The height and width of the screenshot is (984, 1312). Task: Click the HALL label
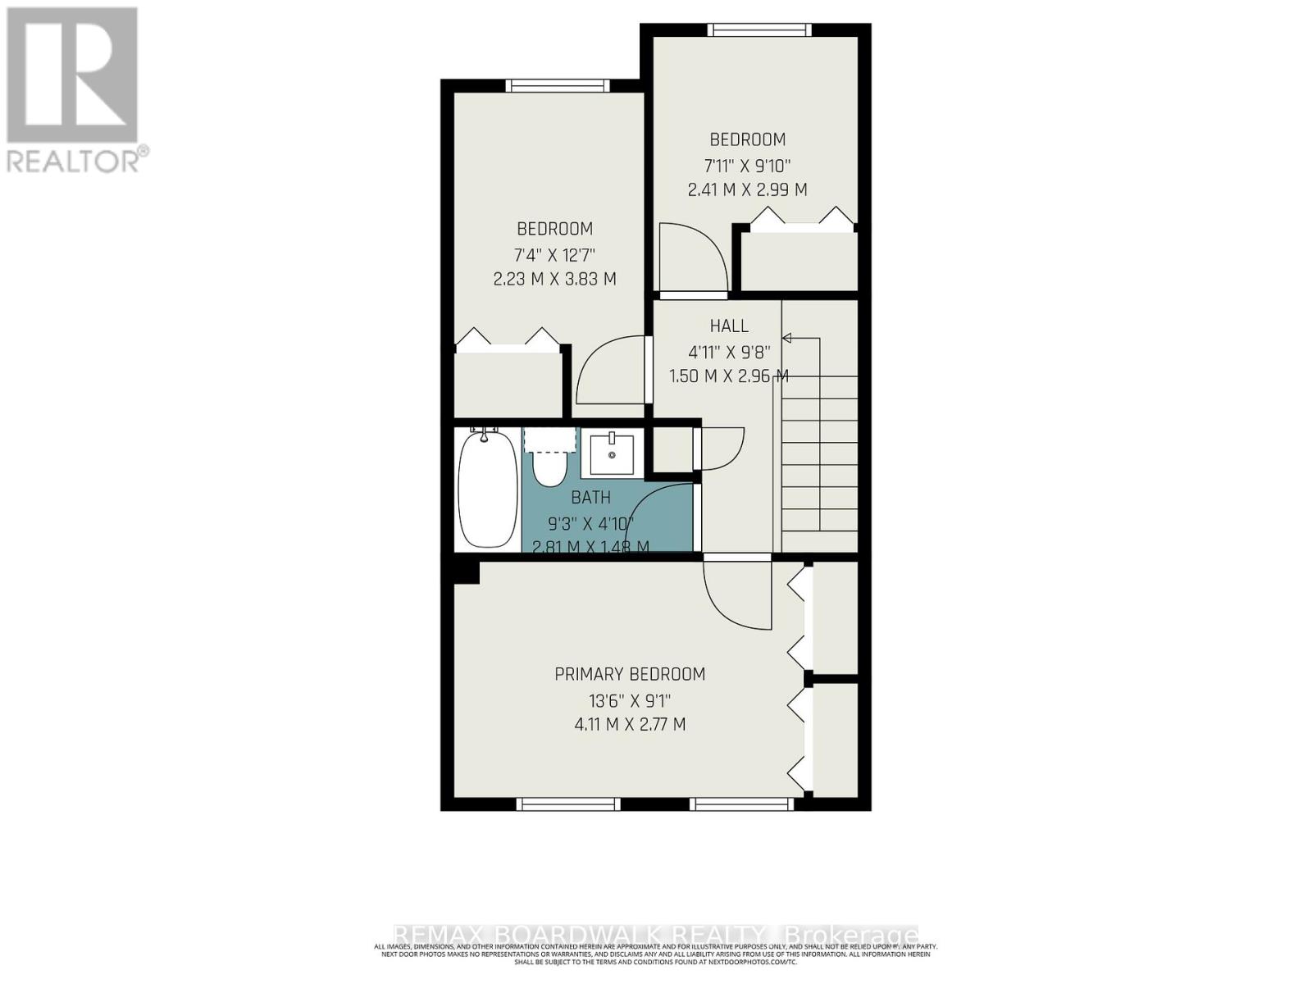pyautogui.click(x=729, y=326)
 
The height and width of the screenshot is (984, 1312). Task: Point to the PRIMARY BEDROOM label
pyautogui.click(x=630, y=674)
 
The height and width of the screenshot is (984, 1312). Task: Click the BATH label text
pyautogui.click(x=590, y=497)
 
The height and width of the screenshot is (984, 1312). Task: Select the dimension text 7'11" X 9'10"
pyautogui.click(x=746, y=164)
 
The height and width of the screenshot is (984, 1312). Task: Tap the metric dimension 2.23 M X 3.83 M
pyautogui.click(x=554, y=279)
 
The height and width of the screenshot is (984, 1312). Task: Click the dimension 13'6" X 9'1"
pyautogui.click(x=630, y=700)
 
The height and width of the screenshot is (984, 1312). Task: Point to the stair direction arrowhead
pyautogui.click(x=786, y=338)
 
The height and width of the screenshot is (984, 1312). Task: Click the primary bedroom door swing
pyautogui.click(x=736, y=594)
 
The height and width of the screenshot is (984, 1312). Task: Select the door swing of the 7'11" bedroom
pyautogui.click(x=691, y=256)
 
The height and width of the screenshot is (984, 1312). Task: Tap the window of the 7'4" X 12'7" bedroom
pyautogui.click(x=558, y=85)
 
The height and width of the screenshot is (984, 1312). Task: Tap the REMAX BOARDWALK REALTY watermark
pyautogui.click(x=656, y=936)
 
